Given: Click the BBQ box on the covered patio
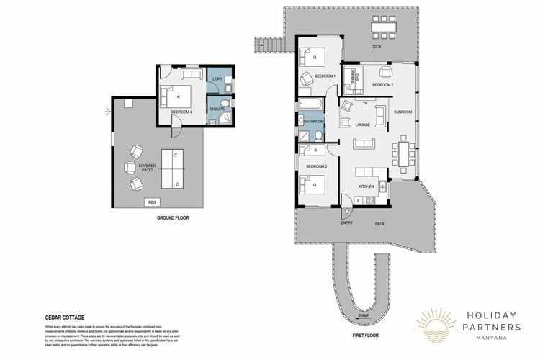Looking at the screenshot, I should point(152,202).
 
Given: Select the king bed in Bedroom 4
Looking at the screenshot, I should point(180,96).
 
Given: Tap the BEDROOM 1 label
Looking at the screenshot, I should point(326,76).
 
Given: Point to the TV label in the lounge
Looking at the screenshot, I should point(366,104).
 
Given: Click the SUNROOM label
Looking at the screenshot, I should point(403,112).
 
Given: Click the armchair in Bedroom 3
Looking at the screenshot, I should point(384,71).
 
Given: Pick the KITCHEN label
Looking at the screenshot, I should point(365,186).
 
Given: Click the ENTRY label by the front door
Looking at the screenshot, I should point(347,223).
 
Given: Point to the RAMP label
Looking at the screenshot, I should point(364,315).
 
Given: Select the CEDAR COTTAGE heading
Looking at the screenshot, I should point(63,316).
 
